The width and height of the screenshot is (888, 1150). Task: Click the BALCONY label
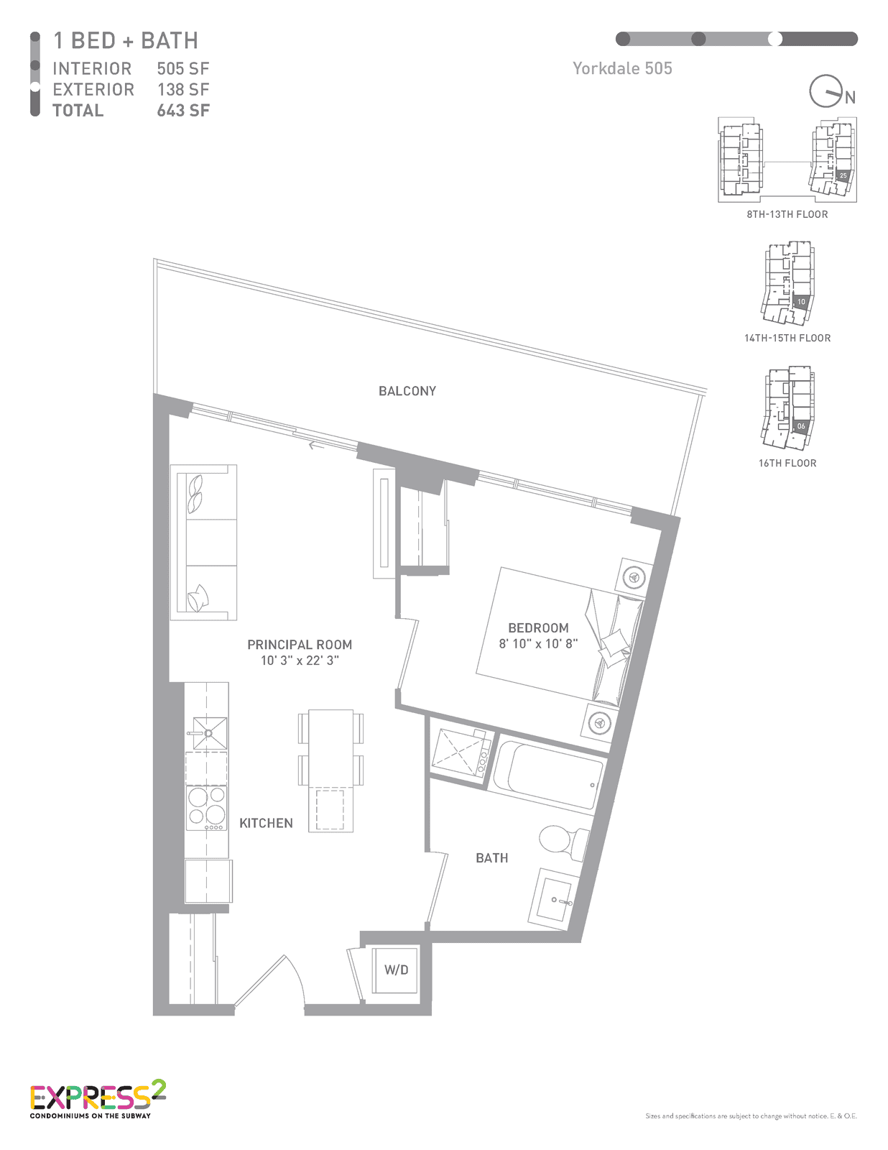[x=407, y=391]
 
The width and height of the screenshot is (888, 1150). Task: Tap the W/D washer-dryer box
[x=396, y=970]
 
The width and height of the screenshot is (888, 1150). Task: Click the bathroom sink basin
[x=553, y=899]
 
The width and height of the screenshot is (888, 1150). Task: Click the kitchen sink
[x=210, y=733]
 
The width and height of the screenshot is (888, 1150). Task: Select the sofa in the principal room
[x=203, y=543]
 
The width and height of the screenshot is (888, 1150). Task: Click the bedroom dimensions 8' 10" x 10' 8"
[x=538, y=643]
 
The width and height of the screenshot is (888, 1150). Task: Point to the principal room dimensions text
[x=300, y=660]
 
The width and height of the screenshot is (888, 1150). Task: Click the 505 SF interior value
[x=183, y=69]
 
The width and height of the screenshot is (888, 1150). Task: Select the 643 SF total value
[x=183, y=111]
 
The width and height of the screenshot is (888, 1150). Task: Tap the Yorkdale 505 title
[x=622, y=68]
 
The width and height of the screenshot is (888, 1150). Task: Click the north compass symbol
[x=832, y=92]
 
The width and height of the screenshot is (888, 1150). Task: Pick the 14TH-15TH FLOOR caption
[x=787, y=339]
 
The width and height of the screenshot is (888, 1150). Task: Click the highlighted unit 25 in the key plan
[x=843, y=175]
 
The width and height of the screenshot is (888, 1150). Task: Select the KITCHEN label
[x=266, y=824]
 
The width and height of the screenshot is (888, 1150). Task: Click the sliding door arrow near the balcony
[x=316, y=446]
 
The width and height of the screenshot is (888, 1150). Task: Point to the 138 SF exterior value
[x=183, y=89]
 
